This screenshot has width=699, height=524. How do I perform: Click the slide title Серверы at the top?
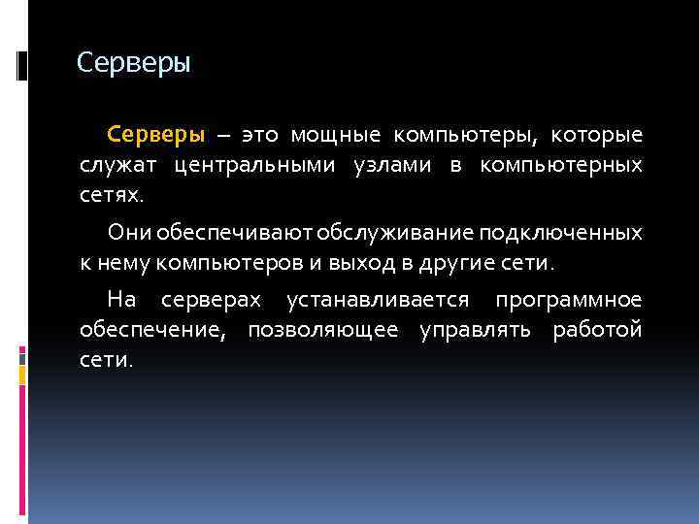(134, 64)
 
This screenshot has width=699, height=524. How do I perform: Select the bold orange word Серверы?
(155, 133)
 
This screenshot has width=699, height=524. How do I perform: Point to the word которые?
(603, 133)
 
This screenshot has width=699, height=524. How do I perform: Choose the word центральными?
(258, 165)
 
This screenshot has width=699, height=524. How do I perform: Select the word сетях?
(111, 196)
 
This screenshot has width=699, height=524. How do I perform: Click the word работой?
(597, 330)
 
